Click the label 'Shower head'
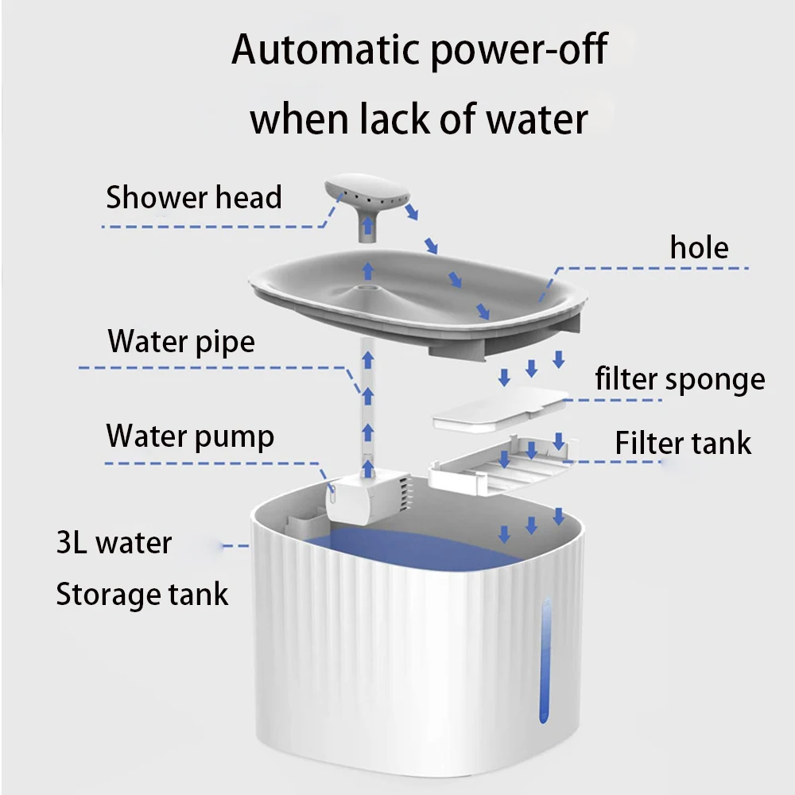click(x=194, y=197)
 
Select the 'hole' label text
click(x=699, y=248)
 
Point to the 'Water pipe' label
click(x=181, y=342)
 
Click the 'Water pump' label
click(x=190, y=436)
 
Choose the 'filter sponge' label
click(x=680, y=379)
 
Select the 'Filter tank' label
click(x=682, y=443)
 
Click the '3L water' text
click(x=114, y=544)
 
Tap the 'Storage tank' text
click(x=142, y=594)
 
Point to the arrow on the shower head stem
click(x=367, y=228)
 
